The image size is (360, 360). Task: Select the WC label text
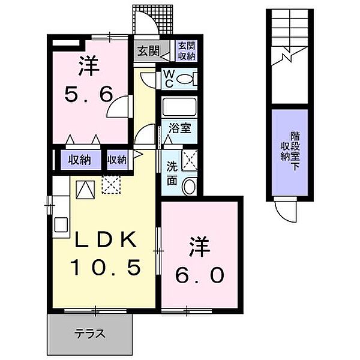[x=169, y=79]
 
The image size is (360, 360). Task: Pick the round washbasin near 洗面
[x=188, y=186]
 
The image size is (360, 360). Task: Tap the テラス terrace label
[x=90, y=334]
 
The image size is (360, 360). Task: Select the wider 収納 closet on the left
[x=79, y=160]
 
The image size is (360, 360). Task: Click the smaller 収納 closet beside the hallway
[x=117, y=160]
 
